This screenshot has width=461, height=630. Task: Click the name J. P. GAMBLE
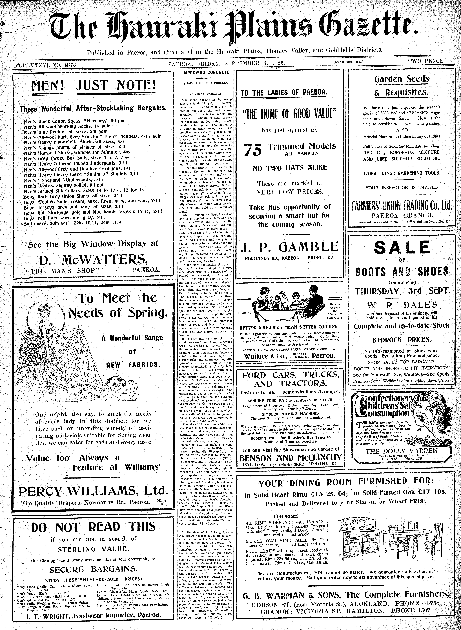[x=289, y=247]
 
